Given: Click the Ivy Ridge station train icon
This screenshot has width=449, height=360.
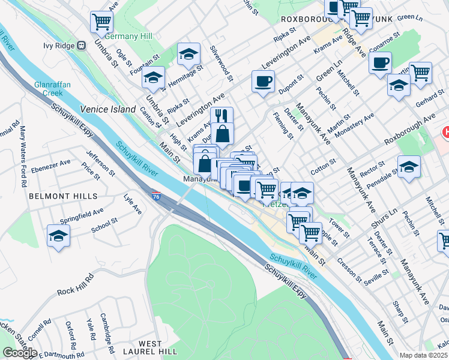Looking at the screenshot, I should tap(80, 46).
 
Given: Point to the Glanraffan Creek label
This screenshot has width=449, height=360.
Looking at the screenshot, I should tap(53, 89).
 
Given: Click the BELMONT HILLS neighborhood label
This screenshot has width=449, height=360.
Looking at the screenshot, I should tap(62, 196).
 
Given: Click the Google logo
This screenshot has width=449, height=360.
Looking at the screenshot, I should tap(20, 352).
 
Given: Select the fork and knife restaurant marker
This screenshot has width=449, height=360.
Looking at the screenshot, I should tap(223, 116).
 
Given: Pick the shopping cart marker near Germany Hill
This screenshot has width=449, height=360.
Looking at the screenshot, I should tap(102, 23).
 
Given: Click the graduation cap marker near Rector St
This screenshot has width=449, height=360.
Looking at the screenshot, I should tap(409, 167).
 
